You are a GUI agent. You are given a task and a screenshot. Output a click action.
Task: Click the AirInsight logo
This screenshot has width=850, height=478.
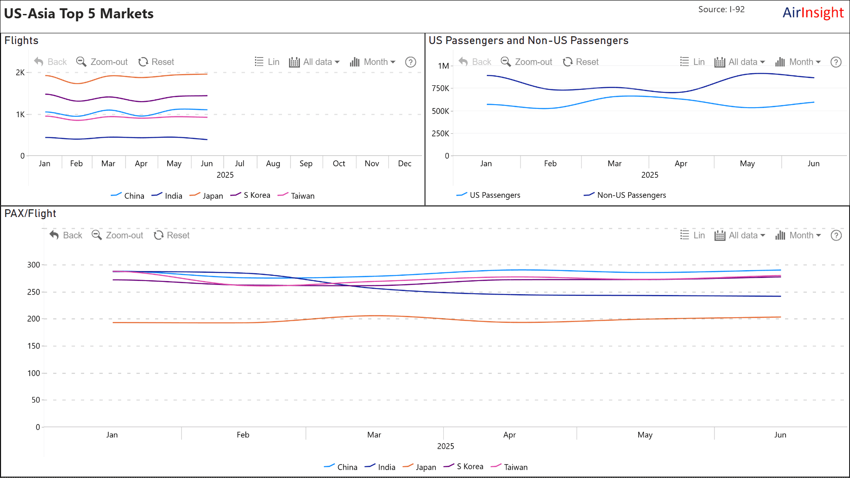813,13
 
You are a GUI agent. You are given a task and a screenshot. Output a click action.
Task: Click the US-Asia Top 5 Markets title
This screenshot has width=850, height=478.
79,14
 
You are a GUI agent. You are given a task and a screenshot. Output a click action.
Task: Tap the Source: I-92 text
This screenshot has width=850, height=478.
721,9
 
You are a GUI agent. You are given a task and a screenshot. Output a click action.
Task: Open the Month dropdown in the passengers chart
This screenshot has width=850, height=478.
799,62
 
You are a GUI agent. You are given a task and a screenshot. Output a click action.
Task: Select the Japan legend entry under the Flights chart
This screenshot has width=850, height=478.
207,196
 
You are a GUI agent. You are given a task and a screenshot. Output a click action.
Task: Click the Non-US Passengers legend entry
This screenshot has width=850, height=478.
625,195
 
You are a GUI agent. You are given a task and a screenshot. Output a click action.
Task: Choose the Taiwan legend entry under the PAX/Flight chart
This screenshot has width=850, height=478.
510,467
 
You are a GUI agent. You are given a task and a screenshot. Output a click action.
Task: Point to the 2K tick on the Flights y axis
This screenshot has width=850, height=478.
20,72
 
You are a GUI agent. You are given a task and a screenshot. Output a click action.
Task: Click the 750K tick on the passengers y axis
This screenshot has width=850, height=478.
440,88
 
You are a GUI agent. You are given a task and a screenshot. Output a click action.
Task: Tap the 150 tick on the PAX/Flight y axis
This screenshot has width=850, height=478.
34,346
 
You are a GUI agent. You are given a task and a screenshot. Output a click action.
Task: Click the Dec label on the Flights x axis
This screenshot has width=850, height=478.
405,163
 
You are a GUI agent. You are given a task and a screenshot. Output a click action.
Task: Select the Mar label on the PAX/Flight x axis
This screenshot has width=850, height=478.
374,435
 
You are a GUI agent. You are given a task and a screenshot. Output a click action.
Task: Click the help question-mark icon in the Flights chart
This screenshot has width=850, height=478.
411,62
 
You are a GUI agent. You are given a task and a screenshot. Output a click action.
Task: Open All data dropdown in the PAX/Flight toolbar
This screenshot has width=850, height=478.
740,235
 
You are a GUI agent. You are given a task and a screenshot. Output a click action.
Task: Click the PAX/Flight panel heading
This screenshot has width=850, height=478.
31,214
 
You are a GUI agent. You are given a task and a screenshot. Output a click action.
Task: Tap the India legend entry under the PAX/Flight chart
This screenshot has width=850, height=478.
381,467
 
